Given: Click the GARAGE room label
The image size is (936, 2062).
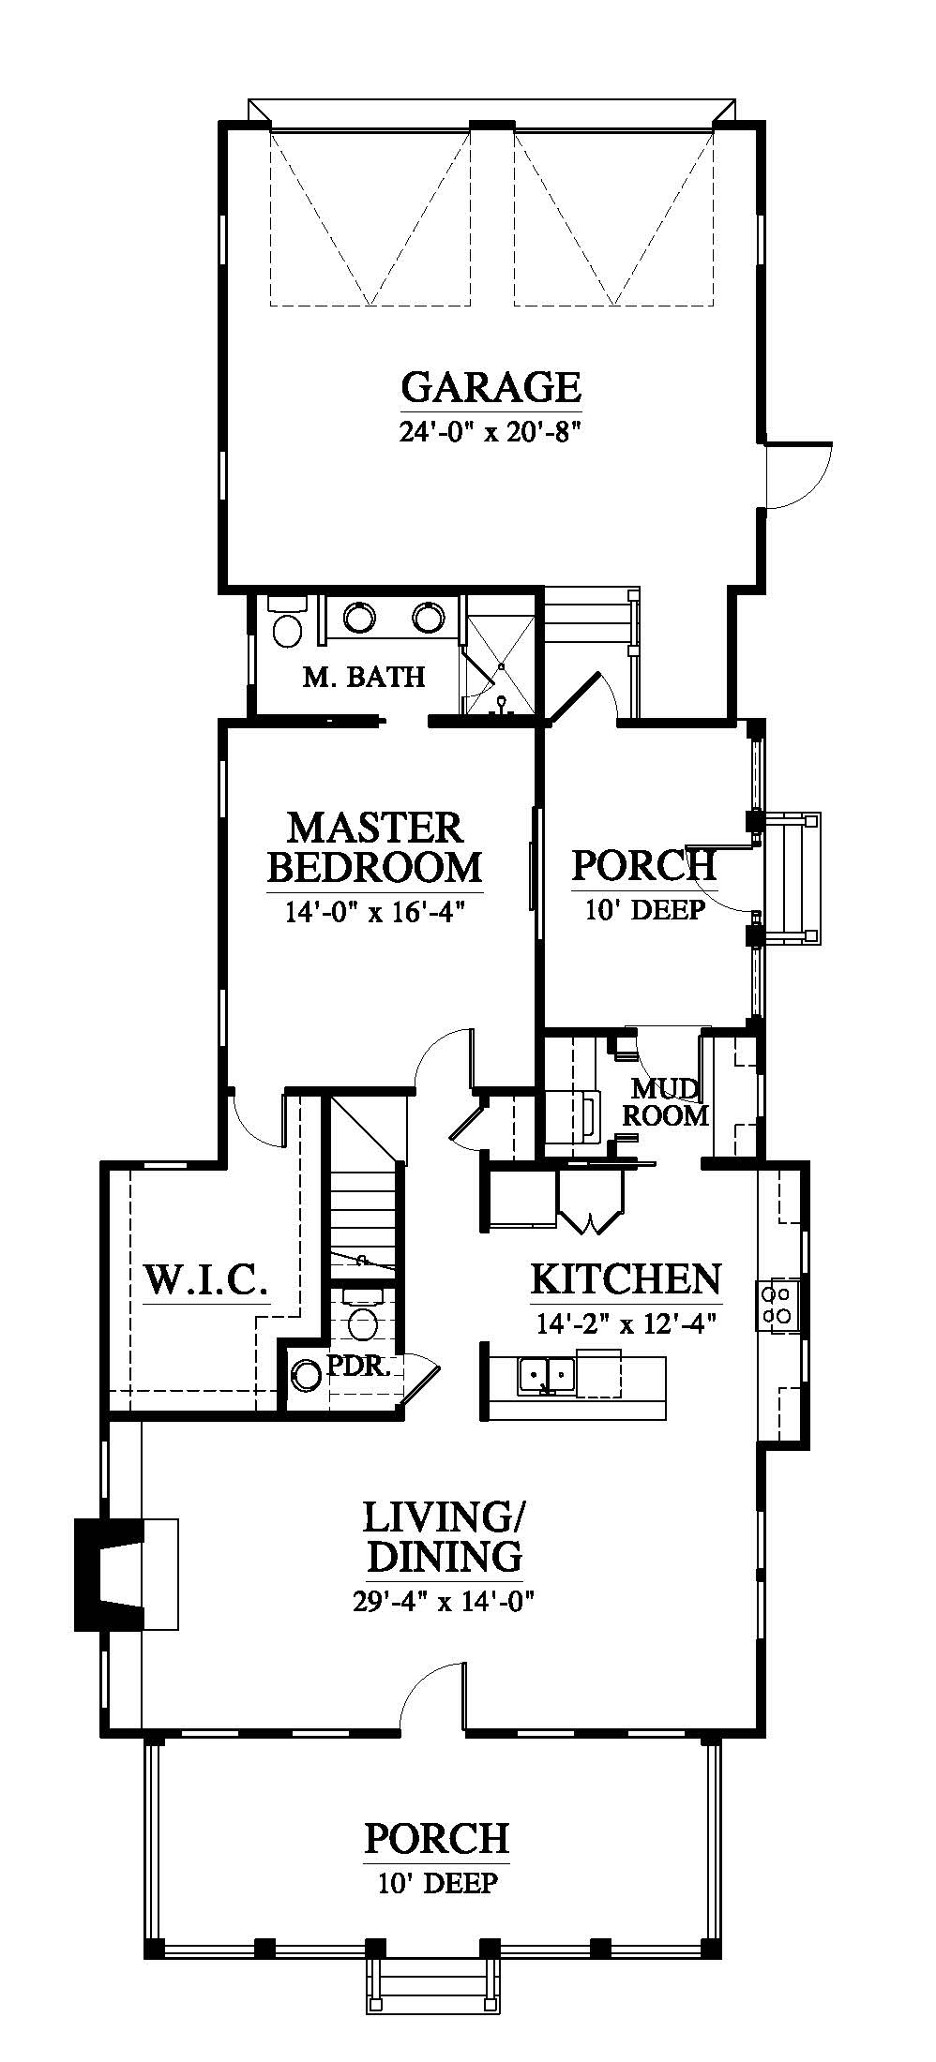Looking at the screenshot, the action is [x=491, y=386].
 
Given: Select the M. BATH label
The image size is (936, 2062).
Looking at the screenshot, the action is [x=364, y=676].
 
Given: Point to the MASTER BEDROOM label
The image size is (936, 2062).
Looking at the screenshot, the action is [x=375, y=847].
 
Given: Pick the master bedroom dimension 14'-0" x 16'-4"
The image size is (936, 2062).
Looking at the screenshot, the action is [x=375, y=911].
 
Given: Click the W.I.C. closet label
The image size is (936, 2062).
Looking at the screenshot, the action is [x=206, y=1280].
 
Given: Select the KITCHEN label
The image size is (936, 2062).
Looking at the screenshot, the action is [x=627, y=1278].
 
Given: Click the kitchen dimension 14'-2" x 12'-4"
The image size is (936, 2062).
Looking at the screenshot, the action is [x=627, y=1324].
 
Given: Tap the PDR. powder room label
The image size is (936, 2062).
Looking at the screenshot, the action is [x=357, y=1366].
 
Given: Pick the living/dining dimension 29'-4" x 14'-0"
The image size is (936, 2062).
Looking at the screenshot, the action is [x=445, y=1601].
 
